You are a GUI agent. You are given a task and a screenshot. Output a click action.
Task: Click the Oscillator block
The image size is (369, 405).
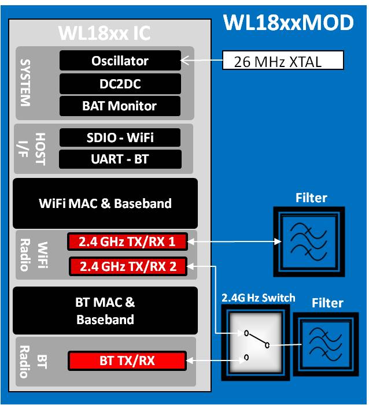click(120, 61)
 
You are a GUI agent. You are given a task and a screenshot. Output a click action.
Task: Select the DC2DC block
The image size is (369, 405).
click(120, 84)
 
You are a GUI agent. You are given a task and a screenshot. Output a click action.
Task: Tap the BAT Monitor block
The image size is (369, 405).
click(120, 106)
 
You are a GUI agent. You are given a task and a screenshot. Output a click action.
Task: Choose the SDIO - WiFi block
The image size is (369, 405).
click(120, 138)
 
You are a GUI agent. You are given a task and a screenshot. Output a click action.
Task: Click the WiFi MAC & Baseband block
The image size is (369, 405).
click(105, 203)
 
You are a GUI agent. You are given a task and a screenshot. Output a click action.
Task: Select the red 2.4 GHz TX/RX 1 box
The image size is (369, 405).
click(127, 241)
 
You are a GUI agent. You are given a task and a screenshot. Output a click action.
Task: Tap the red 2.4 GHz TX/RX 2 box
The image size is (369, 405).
click(127, 266)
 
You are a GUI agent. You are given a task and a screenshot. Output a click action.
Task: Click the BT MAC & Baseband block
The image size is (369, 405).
click(105, 310)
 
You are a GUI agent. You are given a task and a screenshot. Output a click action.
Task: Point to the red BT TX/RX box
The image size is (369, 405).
click(127, 361)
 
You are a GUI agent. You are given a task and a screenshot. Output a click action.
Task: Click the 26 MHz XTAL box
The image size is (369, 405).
click(283, 61)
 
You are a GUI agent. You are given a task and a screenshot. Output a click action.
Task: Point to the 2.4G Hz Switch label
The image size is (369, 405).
click(258, 298)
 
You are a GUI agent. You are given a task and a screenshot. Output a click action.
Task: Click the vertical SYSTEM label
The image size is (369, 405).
click(25, 82)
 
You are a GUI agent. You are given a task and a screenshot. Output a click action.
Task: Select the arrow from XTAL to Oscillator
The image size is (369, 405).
click(202, 60)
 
